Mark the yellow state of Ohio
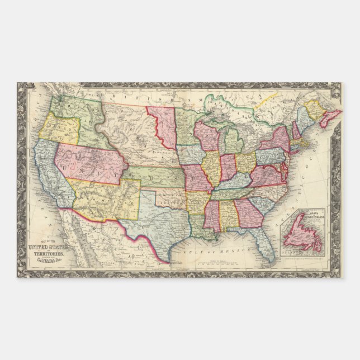click(245, 162)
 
